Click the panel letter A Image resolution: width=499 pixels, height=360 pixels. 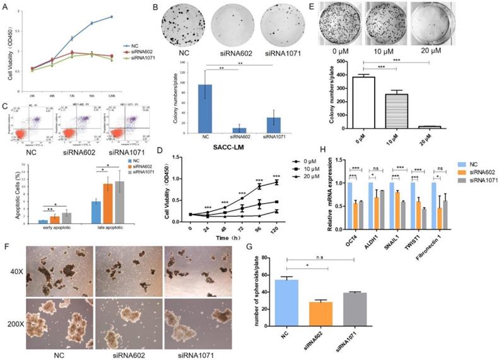(6, 7)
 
